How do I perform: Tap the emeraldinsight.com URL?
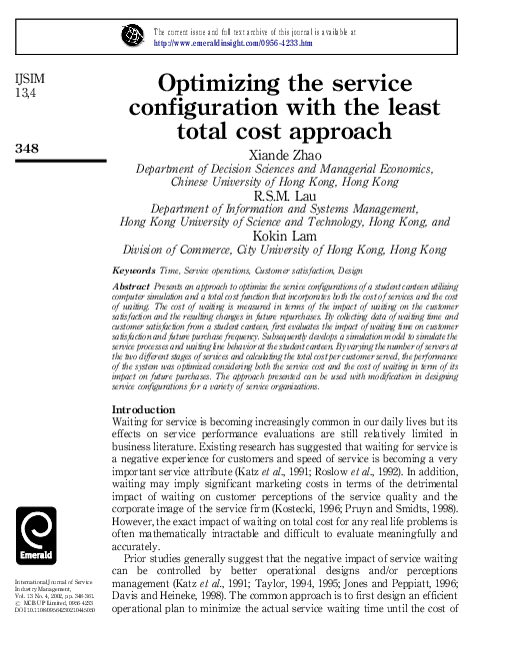coord(232,44)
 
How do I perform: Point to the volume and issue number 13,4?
coord(23,94)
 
